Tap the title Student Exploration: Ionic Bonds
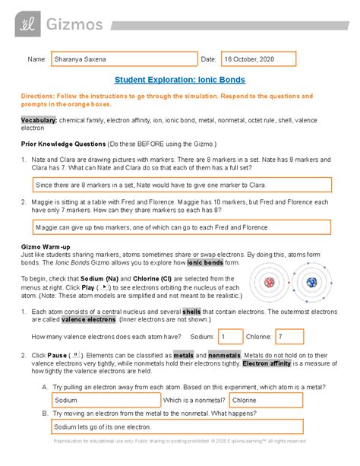tap(179, 78)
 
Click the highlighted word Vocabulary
tap(39, 120)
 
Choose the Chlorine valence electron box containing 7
tap(289, 336)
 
